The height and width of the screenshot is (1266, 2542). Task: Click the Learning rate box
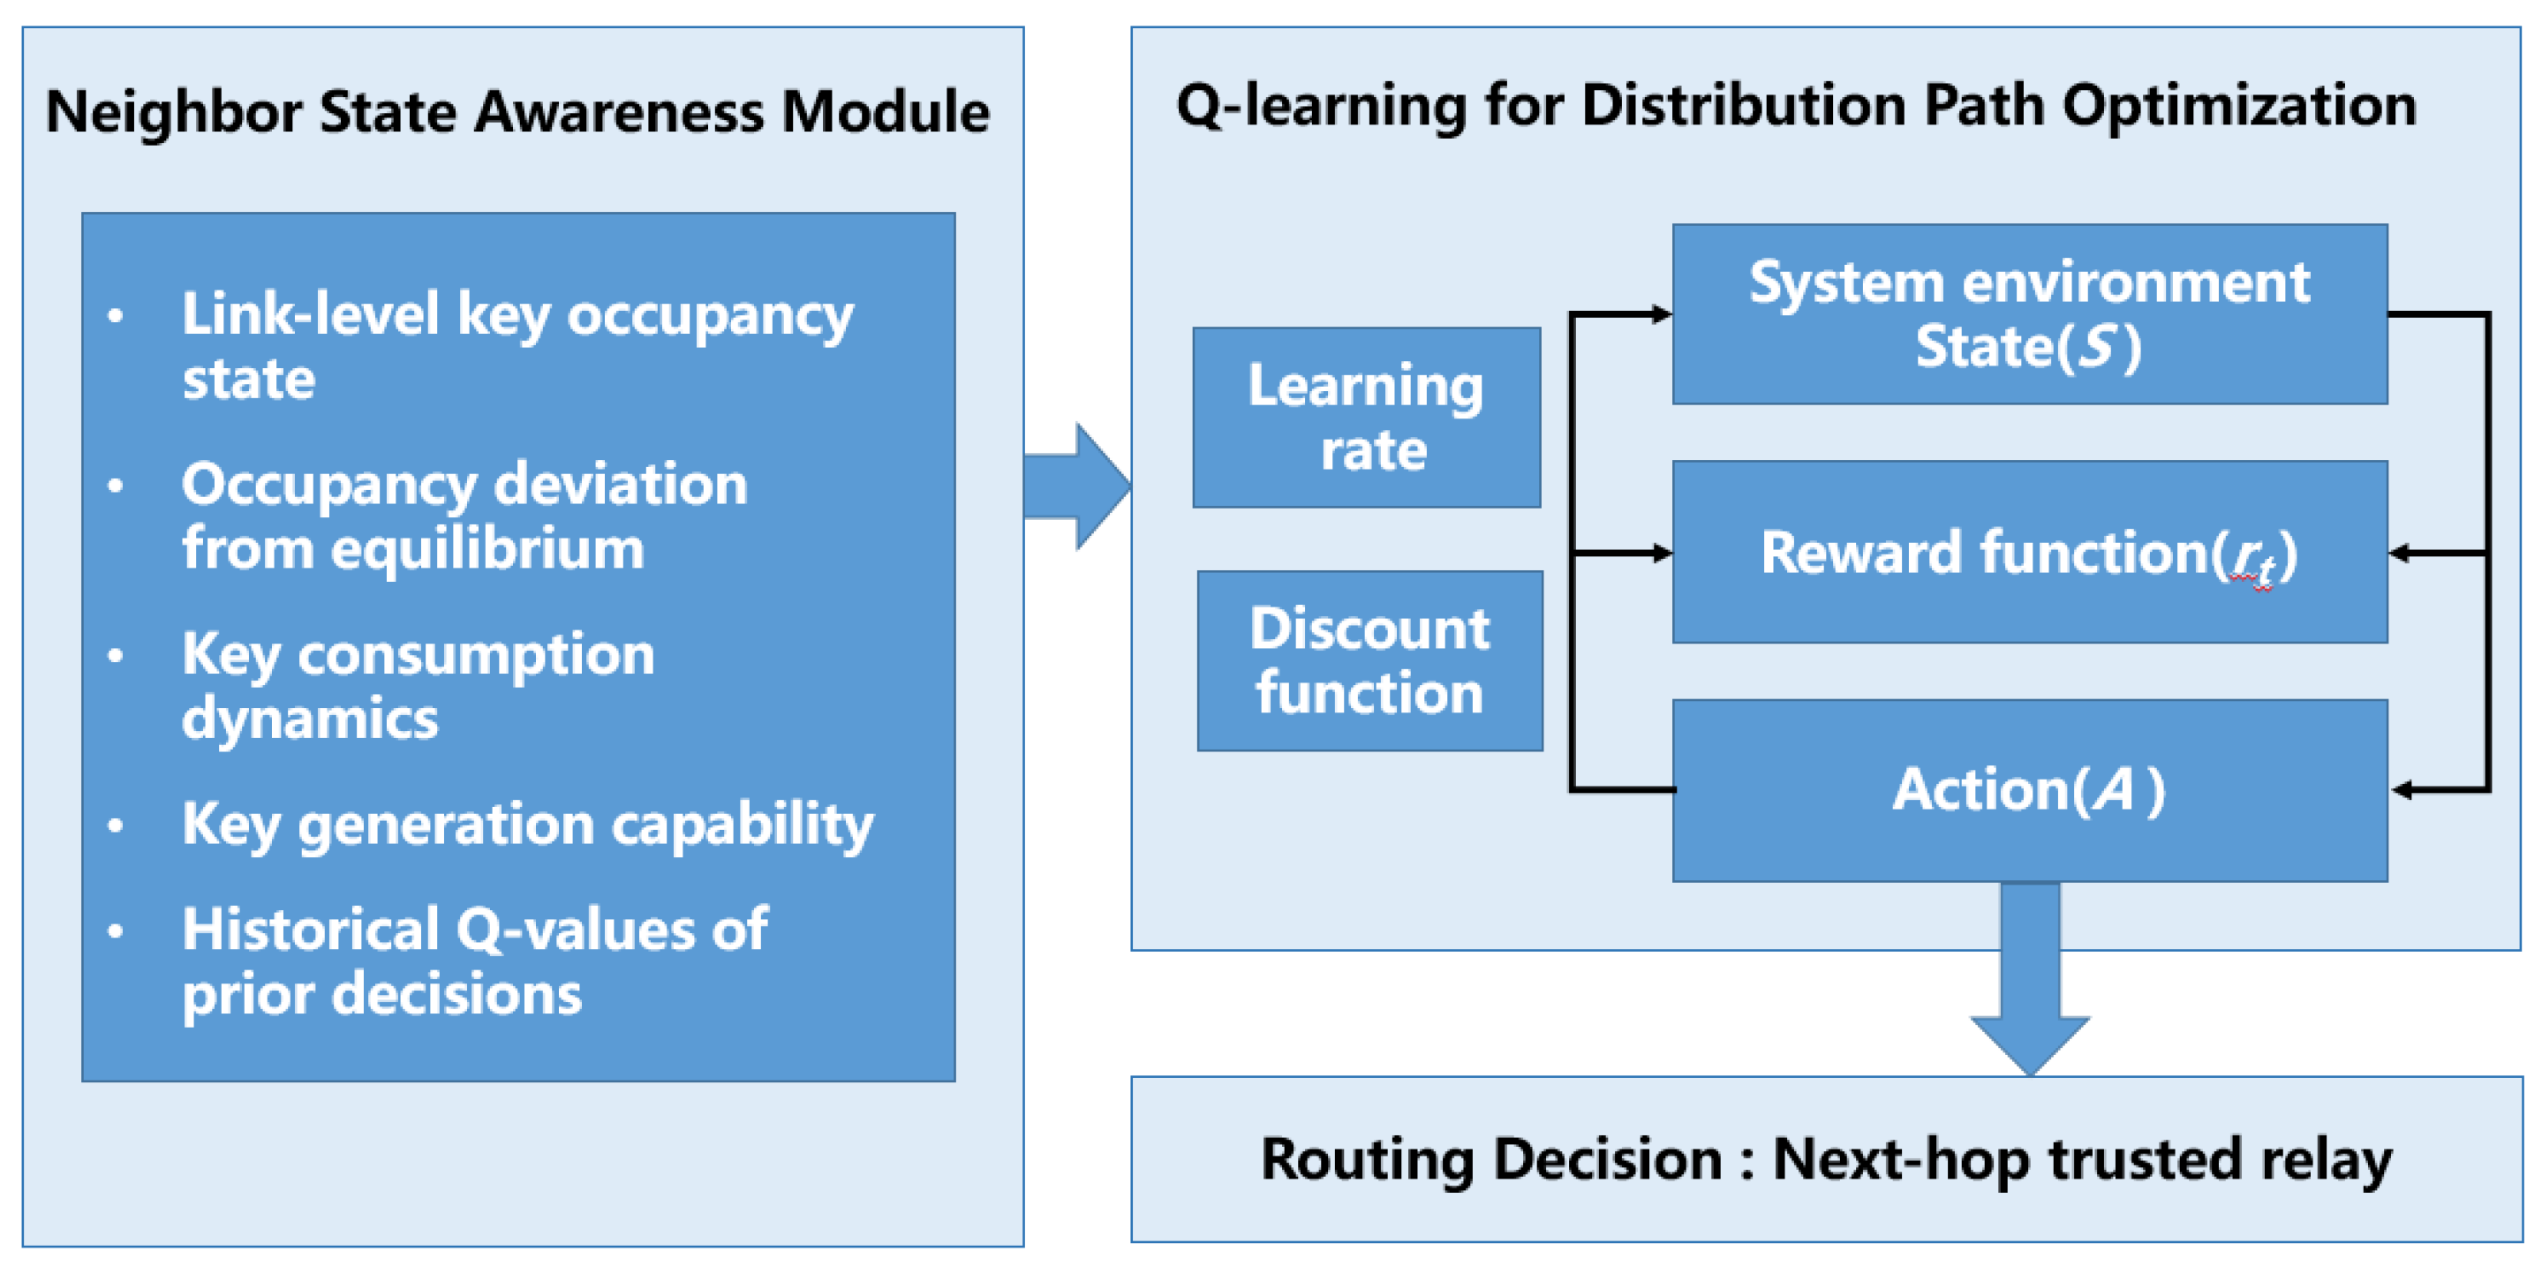pyautogui.click(x=1367, y=418)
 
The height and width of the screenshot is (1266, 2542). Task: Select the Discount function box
pyautogui.click(x=1369, y=661)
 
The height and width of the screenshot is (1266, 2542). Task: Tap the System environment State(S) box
pyautogui.click(x=2030, y=313)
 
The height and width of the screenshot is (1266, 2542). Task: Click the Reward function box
pyautogui.click(x=2030, y=553)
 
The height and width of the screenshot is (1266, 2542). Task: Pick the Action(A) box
pyautogui.click(x=2030, y=790)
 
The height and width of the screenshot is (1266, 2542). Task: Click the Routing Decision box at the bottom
pyautogui.click(x=1827, y=1159)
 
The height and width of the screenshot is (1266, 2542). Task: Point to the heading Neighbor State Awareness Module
pyautogui.click(x=518, y=110)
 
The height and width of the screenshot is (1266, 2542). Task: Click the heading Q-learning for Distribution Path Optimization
pyautogui.click(x=1797, y=106)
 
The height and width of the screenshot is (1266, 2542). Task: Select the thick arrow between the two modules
pyautogui.click(x=1077, y=486)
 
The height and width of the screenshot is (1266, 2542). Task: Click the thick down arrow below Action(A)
pyautogui.click(x=2030, y=979)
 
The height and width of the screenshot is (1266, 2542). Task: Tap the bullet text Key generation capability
pyautogui.click(x=528, y=824)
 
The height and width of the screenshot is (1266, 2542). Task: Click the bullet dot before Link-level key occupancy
pyautogui.click(x=116, y=316)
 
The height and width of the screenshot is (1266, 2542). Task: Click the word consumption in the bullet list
pyautogui.click(x=477, y=655)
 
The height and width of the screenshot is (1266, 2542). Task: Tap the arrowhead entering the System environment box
pyautogui.click(x=1663, y=313)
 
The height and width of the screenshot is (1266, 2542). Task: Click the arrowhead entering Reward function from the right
pyautogui.click(x=2400, y=554)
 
